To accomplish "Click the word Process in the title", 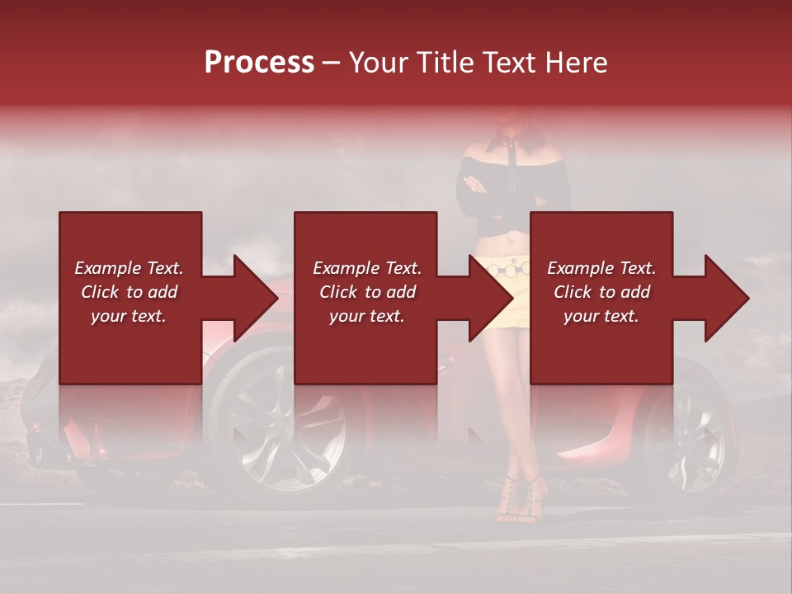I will pyautogui.click(x=259, y=63).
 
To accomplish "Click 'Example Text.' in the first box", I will pyautogui.click(x=129, y=268).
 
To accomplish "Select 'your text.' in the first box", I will pyautogui.click(x=129, y=316).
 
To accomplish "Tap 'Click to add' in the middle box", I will pyautogui.click(x=367, y=292).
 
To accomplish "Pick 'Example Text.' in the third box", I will pyautogui.click(x=601, y=268).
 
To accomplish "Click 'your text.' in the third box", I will pyautogui.click(x=601, y=316).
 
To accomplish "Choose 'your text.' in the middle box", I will pyautogui.click(x=367, y=316).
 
